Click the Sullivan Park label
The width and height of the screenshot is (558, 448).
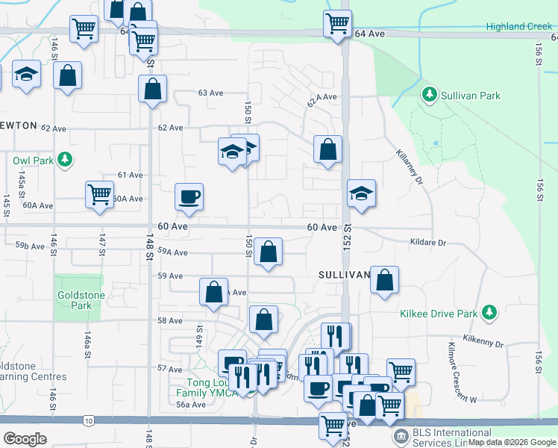tap(469, 96)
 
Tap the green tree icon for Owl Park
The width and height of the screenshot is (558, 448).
tap(66, 159)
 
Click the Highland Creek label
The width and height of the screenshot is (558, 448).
tap(518, 26)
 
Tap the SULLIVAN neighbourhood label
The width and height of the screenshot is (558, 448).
tap(345, 275)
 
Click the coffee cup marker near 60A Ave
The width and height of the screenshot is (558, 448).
tap(189, 197)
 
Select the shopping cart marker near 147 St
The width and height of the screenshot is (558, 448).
tap(99, 193)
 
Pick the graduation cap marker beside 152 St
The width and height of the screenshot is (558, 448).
tap(361, 193)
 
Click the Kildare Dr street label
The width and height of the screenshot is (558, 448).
tap(427, 243)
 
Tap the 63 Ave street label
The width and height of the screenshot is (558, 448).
tap(210, 93)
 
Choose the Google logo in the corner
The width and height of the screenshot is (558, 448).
tap(25, 438)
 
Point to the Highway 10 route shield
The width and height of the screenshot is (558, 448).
tap(89, 422)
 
